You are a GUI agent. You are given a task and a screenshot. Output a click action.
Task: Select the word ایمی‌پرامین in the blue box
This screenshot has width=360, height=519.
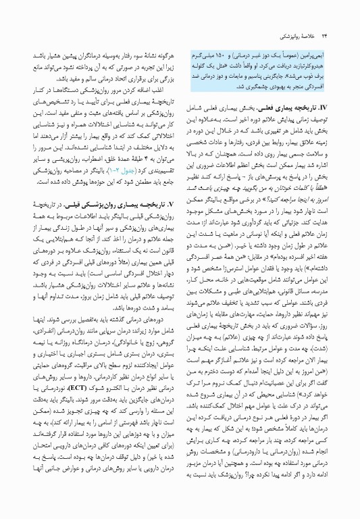point(318,34)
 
